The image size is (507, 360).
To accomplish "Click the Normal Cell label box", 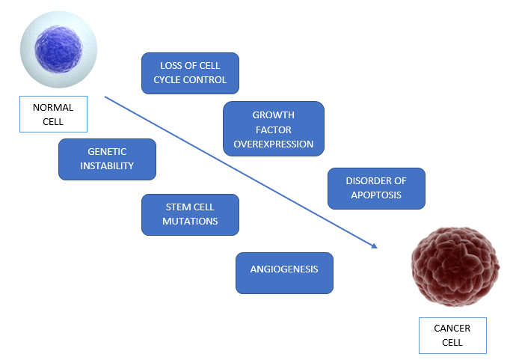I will point(53,114).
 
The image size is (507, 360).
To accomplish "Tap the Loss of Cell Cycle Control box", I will point(190,73).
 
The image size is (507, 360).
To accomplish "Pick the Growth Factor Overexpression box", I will point(274,129).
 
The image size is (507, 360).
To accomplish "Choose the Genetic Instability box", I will point(107,159).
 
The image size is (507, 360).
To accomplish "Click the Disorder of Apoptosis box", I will point(376,188).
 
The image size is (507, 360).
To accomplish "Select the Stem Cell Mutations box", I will point(190,214).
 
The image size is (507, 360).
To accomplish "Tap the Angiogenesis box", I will point(284,272).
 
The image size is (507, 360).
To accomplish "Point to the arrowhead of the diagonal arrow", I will point(375,245).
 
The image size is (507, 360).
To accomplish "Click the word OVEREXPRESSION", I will point(274,144).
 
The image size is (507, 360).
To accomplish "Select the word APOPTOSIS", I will point(376,195).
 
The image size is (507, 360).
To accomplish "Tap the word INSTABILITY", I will point(107,166).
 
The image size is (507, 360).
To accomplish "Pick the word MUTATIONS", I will point(190,222).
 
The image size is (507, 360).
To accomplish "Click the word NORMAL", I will point(53,107).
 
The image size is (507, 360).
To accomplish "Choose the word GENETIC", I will point(107,151).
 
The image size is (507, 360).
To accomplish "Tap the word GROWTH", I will point(274,115).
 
